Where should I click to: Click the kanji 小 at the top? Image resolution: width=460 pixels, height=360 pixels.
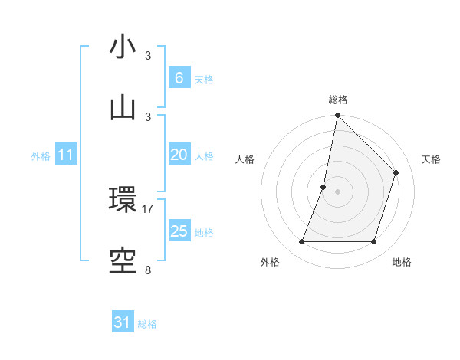(x=123, y=47)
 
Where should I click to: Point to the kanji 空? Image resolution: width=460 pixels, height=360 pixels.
(x=123, y=260)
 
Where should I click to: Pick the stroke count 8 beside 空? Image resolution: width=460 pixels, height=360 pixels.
(x=148, y=270)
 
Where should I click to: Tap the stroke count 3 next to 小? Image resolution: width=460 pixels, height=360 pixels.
(x=148, y=56)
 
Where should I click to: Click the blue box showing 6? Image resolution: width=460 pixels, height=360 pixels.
(x=179, y=77)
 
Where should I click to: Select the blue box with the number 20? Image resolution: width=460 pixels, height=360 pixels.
(x=179, y=155)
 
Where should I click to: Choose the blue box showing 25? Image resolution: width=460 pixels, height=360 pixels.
(x=179, y=231)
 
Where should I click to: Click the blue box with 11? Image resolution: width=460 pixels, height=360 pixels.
(x=66, y=155)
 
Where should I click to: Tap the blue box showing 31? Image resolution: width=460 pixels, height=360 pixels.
(x=123, y=322)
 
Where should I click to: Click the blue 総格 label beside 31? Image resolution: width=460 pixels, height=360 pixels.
(x=147, y=324)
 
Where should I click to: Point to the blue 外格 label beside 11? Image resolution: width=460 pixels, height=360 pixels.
(x=41, y=156)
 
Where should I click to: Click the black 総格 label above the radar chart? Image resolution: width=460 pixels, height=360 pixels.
(x=337, y=100)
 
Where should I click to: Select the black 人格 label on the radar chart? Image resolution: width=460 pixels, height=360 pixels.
(x=245, y=160)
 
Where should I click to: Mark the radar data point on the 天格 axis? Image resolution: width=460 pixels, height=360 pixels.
(x=396, y=173)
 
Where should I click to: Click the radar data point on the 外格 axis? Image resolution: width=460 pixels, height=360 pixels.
(x=301, y=242)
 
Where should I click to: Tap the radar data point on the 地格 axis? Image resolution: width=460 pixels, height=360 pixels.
(x=373, y=242)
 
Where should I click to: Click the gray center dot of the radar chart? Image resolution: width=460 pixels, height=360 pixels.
(x=337, y=191)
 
